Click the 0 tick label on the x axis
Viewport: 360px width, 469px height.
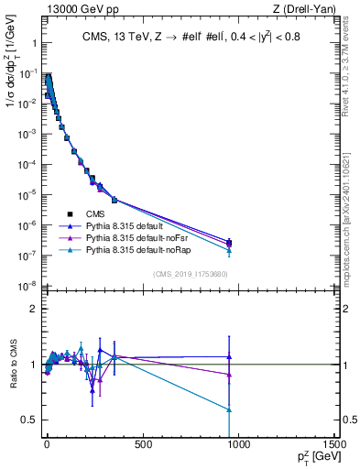tap(47, 445)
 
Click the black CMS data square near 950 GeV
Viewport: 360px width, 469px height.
tap(229, 243)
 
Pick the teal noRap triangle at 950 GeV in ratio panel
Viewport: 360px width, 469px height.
tap(229, 409)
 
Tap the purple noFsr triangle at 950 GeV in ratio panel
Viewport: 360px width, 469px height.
tap(229, 374)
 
